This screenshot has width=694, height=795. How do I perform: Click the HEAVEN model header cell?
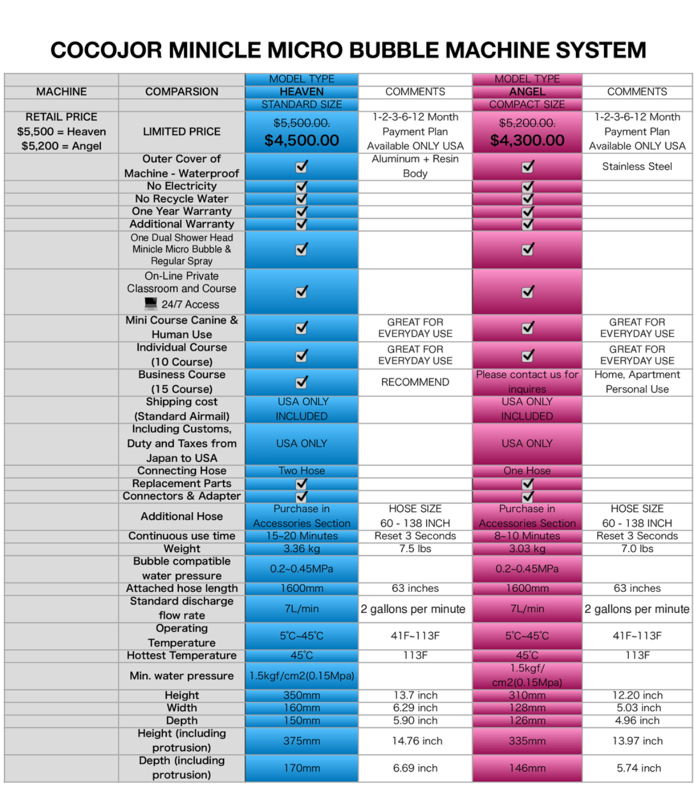(301, 92)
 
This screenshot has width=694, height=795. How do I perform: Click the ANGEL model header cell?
(527, 92)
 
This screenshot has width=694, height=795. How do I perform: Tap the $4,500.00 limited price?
(301, 140)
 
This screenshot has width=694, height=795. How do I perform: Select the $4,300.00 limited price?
(527, 140)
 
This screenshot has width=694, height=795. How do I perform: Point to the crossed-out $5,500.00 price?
(301, 123)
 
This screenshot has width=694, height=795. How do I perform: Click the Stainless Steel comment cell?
(637, 166)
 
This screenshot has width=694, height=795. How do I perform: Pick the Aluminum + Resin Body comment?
(415, 166)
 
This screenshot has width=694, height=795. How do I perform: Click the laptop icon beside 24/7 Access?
(151, 304)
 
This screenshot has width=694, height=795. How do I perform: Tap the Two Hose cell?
(301, 471)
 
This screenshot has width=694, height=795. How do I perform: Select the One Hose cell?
(527, 471)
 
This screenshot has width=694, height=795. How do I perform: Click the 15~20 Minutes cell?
(301, 536)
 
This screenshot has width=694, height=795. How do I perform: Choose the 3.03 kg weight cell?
(527, 549)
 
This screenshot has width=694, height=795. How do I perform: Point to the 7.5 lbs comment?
(415, 549)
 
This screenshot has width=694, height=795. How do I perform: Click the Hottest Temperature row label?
(182, 655)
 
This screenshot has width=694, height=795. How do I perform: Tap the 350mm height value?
(301, 695)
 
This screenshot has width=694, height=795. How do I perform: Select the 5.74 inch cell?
(639, 768)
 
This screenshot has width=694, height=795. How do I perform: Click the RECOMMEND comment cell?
(415, 382)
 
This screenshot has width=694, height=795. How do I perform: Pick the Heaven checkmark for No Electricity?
(301, 187)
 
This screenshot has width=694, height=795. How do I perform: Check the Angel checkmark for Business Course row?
(527, 381)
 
